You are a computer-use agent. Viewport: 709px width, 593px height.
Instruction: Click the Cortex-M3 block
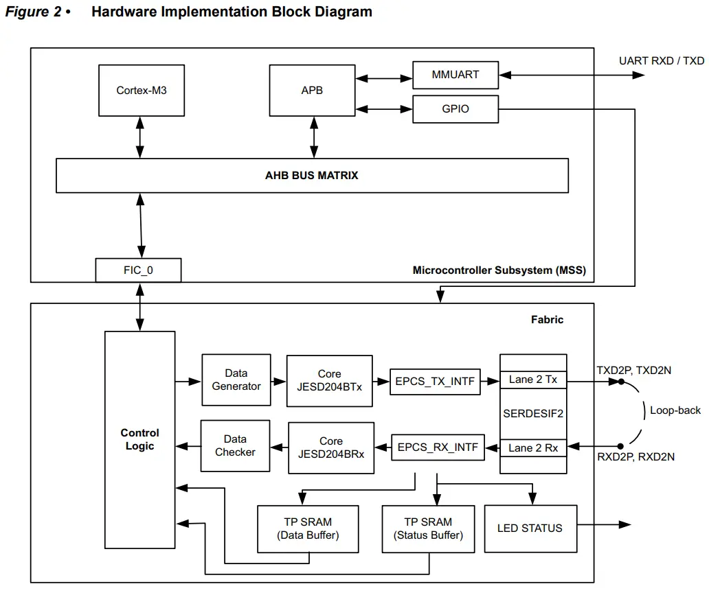tap(142, 91)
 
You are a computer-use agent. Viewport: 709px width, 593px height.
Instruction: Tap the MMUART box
tap(455, 75)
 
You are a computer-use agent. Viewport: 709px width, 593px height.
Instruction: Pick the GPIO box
tap(455, 109)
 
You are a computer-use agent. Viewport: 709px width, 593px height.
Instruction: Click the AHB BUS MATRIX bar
tap(311, 176)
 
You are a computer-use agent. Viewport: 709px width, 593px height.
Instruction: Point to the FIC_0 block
tap(138, 270)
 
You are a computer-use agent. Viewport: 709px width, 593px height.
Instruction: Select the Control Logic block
tap(139, 439)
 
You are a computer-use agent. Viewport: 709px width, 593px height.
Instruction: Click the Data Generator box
tap(236, 380)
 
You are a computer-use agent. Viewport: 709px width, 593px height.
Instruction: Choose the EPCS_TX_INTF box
tap(434, 382)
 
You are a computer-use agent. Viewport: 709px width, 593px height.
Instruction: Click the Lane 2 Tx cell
tap(533, 380)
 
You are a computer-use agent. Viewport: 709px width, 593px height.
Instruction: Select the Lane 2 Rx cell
tap(533, 448)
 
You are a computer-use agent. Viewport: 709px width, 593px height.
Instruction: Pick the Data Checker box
tap(235, 445)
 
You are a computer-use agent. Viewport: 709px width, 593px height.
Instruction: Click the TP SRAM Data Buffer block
tap(308, 528)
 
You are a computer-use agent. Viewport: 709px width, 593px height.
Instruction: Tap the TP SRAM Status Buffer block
tap(428, 528)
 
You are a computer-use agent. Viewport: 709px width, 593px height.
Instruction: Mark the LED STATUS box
tap(530, 528)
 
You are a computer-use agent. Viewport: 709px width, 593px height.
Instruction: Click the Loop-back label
tap(675, 410)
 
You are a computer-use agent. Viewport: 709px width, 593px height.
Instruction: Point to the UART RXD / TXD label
tap(661, 61)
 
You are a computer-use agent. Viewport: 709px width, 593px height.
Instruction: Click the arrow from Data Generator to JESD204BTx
tap(278, 381)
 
